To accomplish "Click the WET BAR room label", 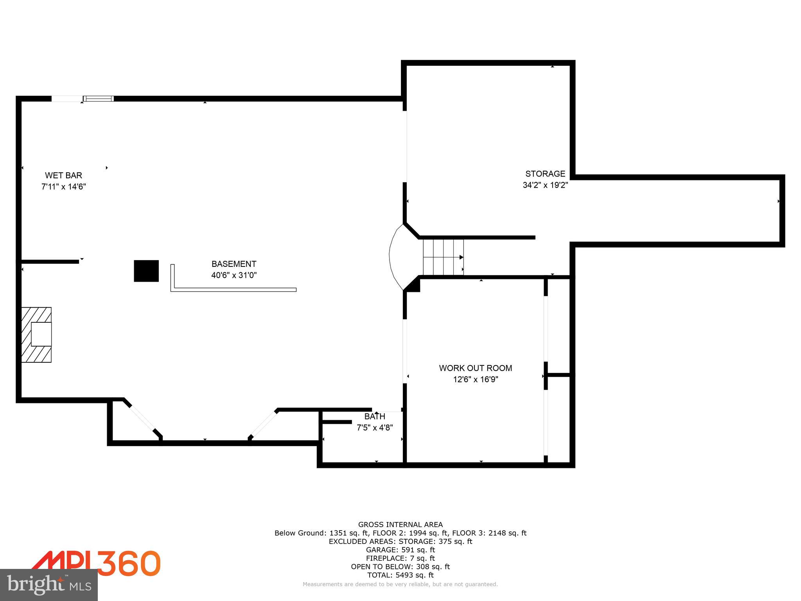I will point(63,175).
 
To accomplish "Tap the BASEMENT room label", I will point(234,264).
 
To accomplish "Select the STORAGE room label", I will point(545,174).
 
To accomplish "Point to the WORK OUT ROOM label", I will point(475,368).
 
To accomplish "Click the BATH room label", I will point(375,417).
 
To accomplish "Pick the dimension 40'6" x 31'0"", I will point(234,275).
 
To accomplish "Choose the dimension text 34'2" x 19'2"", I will point(545,185).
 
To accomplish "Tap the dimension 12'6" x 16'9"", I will point(475,379).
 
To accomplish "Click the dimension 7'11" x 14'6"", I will point(63,186).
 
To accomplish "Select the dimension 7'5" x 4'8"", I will point(375,428).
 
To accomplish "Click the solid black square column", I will point(146,271).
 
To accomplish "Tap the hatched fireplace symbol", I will point(36,335).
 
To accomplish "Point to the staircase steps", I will point(443,257).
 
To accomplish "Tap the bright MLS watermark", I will point(48,585).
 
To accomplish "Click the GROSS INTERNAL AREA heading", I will point(400,525).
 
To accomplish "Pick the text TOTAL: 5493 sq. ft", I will point(400,575).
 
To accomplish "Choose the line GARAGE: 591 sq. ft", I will point(400,550).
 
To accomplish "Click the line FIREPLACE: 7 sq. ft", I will point(400,558).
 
